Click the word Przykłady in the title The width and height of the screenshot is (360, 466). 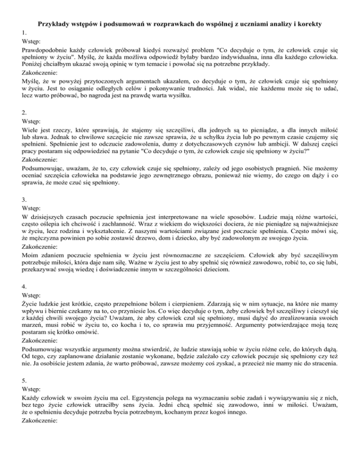[53, 23]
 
